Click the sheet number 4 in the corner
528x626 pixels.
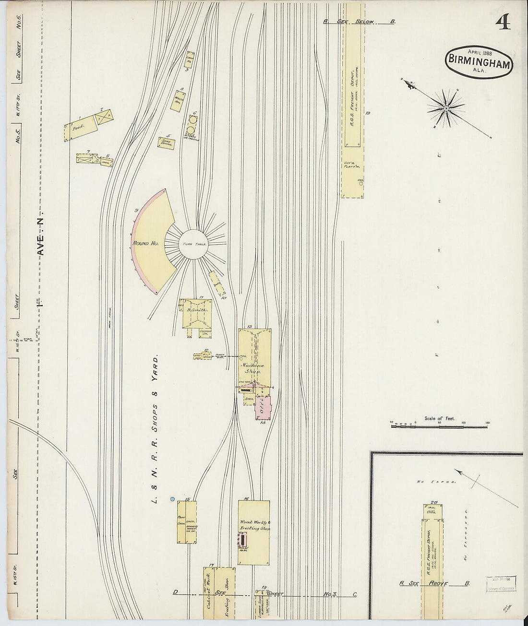click(503, 22)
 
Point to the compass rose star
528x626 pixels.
click(446, 108)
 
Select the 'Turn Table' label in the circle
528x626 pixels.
click(194, 245)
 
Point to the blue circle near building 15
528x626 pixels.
click(172, 500)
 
